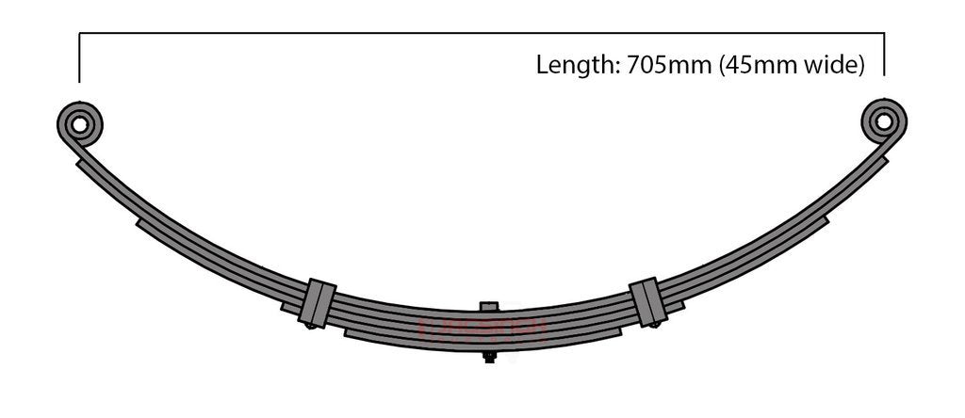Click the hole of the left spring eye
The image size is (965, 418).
pyautogui.click(x=80, y=122)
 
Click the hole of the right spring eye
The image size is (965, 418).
pyautogui.click(x=883, y=121)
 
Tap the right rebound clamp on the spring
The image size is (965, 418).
pyautogui.click(x=647, y=300)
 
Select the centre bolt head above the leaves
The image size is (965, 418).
pyautogui.click(x=488, y=307)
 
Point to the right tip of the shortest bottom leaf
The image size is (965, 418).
pyautogui.click(x=619, y=331)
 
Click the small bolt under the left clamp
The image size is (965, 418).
pyautogui.click(x=310, y=326)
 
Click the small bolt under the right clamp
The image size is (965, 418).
pyautogui.click(x=653, y=324)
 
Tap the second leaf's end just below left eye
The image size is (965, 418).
pyautogui.click(x=78, y=162)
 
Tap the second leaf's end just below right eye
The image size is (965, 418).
pyautogui.click(x=885, y=160)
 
